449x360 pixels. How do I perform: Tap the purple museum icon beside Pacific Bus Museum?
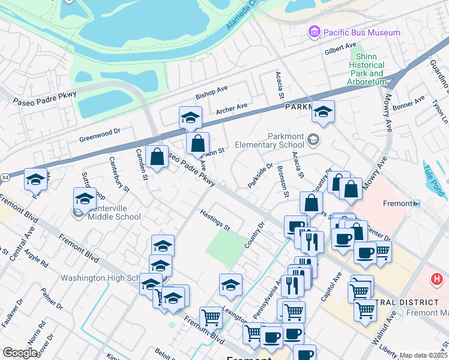tap(313, 31)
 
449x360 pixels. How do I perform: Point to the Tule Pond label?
tap(435, 182)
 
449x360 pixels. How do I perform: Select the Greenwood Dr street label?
tap(100, 134)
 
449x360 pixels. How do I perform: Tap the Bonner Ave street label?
tap(408, 103)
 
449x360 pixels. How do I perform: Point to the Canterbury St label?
tap(119, 174)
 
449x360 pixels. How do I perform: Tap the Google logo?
tap(20, 353)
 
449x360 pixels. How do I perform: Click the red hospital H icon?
tap(437, 279)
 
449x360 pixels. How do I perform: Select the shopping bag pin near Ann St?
tap(197, 143)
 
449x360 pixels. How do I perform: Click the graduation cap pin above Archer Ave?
tap(190, 117)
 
